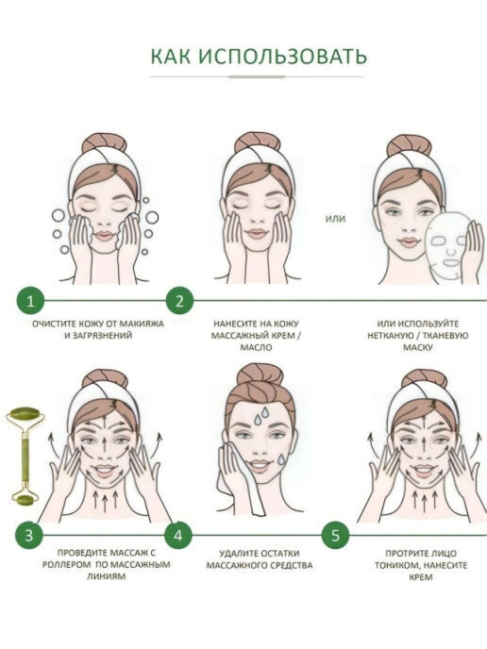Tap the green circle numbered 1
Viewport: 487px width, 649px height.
[30, 301]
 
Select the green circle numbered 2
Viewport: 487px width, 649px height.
[179, 301]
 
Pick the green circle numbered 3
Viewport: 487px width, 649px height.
[28, 535]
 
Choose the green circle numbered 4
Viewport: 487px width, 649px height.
[178, 535]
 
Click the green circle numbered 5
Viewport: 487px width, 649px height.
[335, 535]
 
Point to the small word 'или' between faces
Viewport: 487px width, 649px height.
[335, 219]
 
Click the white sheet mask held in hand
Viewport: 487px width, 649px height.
[447, 247]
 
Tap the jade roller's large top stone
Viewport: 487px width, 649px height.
[25, 415]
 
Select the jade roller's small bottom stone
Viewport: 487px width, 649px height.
[25, 501]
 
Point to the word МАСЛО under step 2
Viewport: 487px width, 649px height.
[257, 348]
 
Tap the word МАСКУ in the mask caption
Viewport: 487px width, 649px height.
[418, 347]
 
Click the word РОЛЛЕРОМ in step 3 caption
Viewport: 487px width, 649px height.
[66, 564]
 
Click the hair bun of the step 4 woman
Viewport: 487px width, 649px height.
[260, 374]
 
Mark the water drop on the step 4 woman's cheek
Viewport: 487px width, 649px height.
[281, 459]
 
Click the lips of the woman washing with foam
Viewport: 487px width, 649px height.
[105, 236]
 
